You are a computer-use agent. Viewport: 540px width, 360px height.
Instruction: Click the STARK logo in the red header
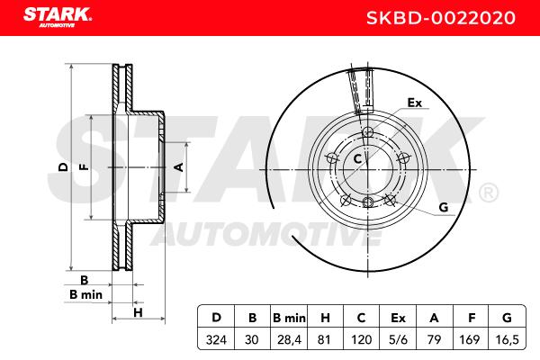(58, 17)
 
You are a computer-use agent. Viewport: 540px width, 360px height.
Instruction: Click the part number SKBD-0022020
(440, 18)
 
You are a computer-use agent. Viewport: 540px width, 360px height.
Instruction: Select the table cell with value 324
(216, 339)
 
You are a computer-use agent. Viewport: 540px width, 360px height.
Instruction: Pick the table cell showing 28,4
(289, 339)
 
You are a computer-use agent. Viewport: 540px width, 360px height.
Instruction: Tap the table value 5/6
(398, 339)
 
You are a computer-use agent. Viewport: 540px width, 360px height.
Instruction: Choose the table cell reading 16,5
(507, 339)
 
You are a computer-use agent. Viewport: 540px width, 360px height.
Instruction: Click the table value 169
(470, 339)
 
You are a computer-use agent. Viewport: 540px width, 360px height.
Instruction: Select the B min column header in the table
(289, 318)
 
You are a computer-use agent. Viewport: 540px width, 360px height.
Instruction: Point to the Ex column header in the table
(398, 318)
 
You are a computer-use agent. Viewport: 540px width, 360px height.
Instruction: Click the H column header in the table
(325, 318)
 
